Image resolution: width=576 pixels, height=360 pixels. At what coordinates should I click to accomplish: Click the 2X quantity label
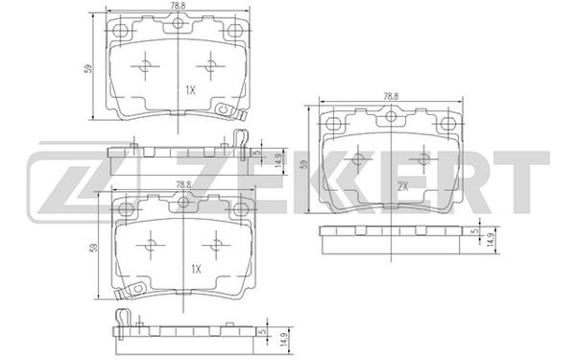click(x=403, y=186)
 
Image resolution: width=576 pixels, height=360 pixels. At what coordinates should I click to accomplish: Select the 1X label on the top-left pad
click(x=190, y=90)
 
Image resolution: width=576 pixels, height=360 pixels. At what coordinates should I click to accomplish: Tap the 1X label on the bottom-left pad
click(x=196, y=269)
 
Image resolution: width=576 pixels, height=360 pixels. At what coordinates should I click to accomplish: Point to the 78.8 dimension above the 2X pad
click(x=391, y=96)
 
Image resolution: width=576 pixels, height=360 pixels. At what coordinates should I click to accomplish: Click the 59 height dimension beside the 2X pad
click(x=303, y=163)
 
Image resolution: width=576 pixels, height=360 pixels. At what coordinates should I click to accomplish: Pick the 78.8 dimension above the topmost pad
click(x=178, y=6)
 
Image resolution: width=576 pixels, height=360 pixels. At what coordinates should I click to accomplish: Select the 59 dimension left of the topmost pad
click(x=88, y=68)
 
